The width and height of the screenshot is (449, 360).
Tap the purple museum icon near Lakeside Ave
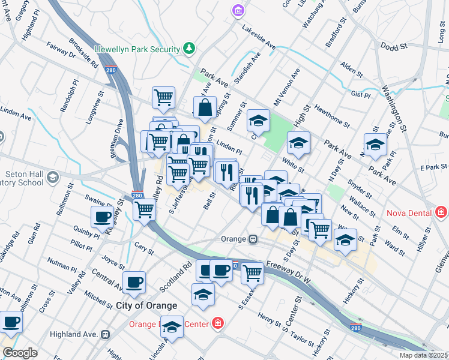[x=239, y=11]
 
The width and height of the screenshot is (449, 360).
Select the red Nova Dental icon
[x=442, y=211]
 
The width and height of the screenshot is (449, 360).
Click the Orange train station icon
[x=254, y=239]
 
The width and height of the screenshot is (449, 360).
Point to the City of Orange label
[x=146, y=305]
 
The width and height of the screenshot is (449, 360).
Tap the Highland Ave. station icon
[x=106, y=334]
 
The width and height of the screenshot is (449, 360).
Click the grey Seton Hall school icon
[x=53, y=177]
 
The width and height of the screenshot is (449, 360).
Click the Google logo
[x=20, y=353]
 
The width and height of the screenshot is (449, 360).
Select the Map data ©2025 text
[x=423, y=355]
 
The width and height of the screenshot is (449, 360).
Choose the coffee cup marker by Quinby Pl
[x=101, y=217]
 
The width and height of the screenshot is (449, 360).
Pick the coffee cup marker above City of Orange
[x=134, y=281]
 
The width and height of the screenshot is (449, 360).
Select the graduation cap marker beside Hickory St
[x=345, y=239]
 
